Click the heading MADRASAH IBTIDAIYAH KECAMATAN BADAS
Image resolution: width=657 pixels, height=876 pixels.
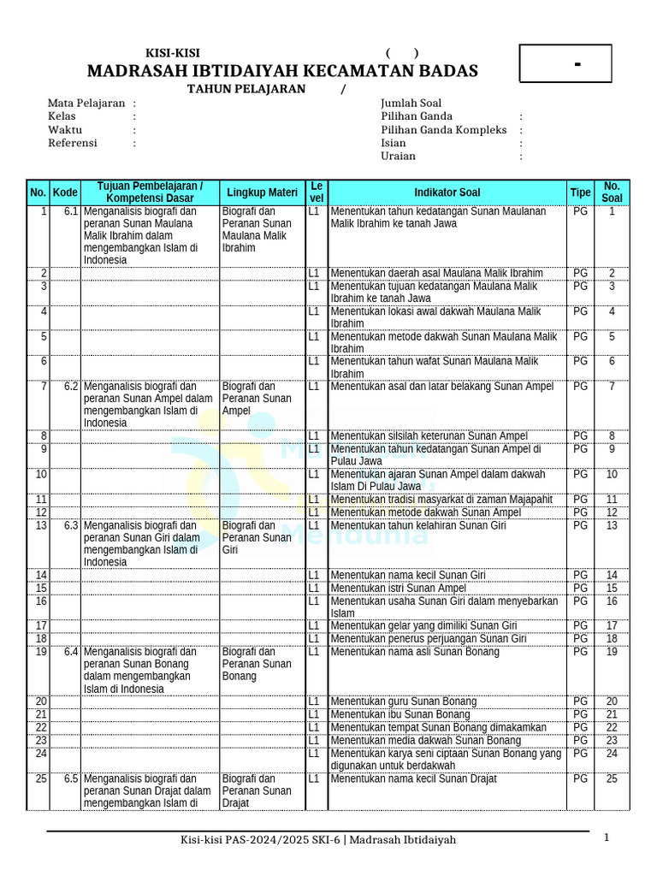282,70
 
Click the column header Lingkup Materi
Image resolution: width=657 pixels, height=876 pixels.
262,192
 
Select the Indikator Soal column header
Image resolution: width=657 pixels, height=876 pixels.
447,192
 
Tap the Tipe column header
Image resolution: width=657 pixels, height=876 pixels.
580,192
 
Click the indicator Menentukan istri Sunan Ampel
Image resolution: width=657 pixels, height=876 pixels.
399,588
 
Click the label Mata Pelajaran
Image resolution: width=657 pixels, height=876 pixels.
86,103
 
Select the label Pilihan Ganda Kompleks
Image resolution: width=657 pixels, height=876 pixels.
443,130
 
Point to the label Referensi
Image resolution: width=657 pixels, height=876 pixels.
73,143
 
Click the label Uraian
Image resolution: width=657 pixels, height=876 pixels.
398,156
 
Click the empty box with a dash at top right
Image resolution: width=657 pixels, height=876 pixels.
565,64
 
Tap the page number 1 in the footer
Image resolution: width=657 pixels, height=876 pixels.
606,838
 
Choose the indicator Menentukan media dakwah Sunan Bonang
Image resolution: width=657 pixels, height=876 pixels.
425,740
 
